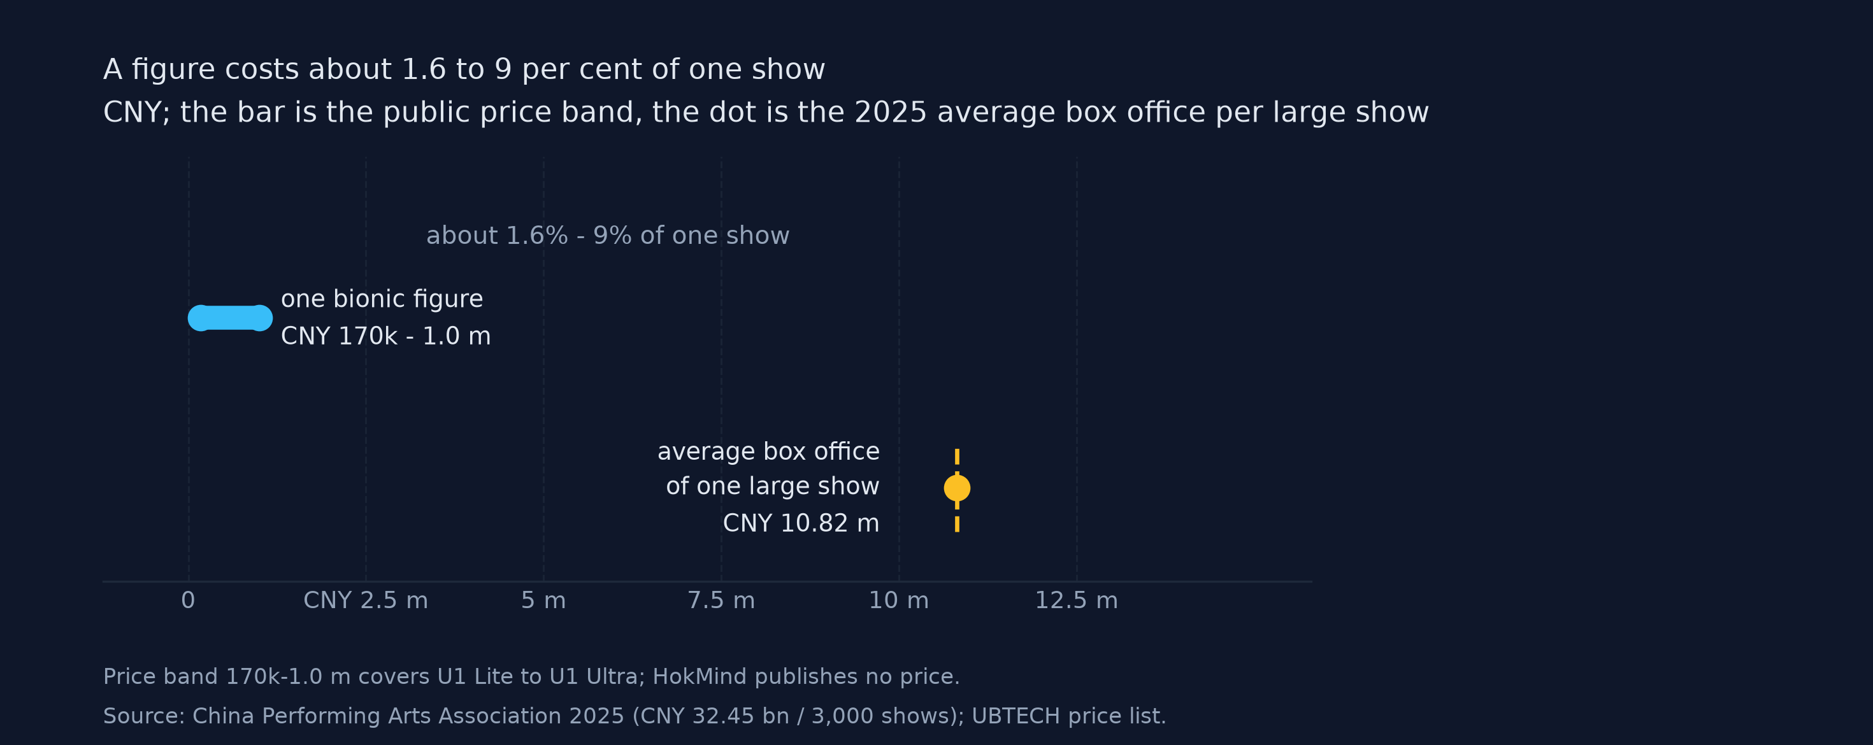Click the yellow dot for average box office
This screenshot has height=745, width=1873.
957,488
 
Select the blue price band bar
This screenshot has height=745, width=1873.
231,318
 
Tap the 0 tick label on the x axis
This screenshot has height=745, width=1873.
189,600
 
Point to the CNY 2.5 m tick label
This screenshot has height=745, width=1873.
366,600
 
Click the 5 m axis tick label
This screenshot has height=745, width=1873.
543,600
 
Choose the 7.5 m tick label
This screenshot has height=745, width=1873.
721,600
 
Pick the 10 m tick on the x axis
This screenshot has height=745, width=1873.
899,600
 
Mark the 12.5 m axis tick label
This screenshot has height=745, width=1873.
1076,600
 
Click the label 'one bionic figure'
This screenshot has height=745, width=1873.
382,299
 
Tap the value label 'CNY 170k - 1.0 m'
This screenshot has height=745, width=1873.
385,336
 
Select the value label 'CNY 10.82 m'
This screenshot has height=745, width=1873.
801,523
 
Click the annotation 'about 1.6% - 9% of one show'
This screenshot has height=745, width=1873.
608,236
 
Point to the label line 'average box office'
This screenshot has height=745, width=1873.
768,451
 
